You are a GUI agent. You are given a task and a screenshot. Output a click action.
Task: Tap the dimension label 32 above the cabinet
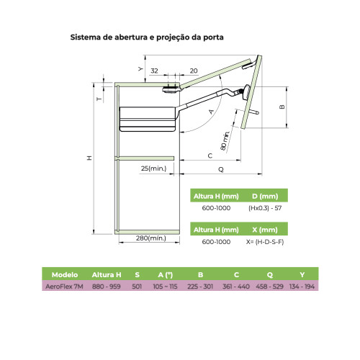[x=154, y=71]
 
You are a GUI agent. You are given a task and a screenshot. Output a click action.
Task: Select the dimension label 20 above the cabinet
[x=194, y=71]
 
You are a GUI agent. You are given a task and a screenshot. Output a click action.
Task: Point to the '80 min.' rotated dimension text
[x=225, y=141]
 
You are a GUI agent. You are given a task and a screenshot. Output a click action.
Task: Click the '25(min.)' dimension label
[x=153, y=168]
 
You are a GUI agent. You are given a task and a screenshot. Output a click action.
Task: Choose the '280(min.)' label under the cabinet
[x=151, y=238]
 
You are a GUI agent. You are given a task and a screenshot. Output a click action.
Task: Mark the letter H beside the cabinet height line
[x=89, y=158]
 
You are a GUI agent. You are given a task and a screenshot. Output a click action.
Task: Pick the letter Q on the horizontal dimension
[x=221, y=169]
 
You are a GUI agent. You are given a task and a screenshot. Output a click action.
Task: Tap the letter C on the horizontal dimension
[x=210, y=156]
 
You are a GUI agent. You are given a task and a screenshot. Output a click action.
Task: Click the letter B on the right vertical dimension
[x=282, y=107]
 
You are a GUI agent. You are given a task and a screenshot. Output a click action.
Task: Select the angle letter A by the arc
[x=211, y=112]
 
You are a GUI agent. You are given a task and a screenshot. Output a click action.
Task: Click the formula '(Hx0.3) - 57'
[x=265, y=208]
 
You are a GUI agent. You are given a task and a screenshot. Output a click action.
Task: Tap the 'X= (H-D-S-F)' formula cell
[x=265, y=242]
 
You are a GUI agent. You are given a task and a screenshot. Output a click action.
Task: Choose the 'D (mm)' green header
[x=265, y=196]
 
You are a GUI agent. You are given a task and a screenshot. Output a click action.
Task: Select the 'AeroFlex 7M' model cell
[x=64, y=287]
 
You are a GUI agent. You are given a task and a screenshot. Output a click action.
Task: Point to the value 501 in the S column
[x=137, y=287]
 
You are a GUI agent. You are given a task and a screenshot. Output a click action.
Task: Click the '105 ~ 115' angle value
[x=165, y=287]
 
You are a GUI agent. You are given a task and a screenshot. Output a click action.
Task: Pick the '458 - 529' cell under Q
[x=269, y=287]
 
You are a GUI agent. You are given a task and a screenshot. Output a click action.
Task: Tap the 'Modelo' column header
[x=65, y=274]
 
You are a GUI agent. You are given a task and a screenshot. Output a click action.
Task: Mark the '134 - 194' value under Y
[x=302, y=287]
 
